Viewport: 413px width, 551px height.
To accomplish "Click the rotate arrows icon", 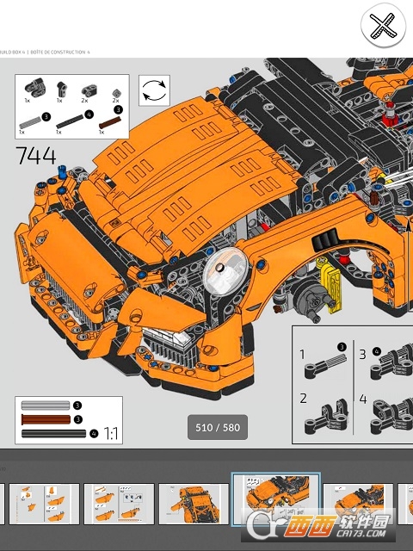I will (x=154, y=90).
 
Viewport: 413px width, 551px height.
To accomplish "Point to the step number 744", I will (x=35, y=156).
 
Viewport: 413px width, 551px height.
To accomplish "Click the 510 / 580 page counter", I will (x=217, y=427).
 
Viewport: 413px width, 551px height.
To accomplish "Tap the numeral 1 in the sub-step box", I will (x=302, y=354).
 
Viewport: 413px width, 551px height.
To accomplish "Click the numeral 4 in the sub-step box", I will (x=362, y=399).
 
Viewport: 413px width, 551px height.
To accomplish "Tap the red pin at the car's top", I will (x=389, y=108).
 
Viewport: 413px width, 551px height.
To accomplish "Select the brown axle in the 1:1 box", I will (x=45, y=418).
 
